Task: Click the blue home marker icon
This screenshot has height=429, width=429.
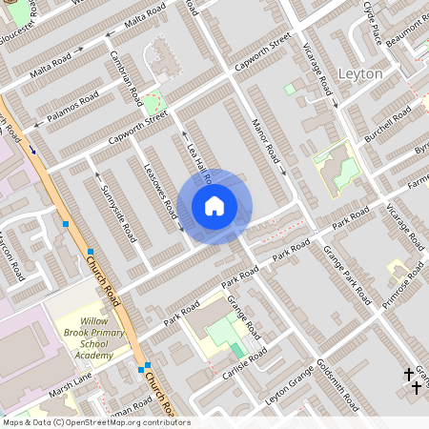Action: (x=214, y=205)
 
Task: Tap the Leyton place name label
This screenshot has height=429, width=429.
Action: (x=360, y=73)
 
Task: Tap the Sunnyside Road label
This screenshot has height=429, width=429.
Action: (x=112, y=206)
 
